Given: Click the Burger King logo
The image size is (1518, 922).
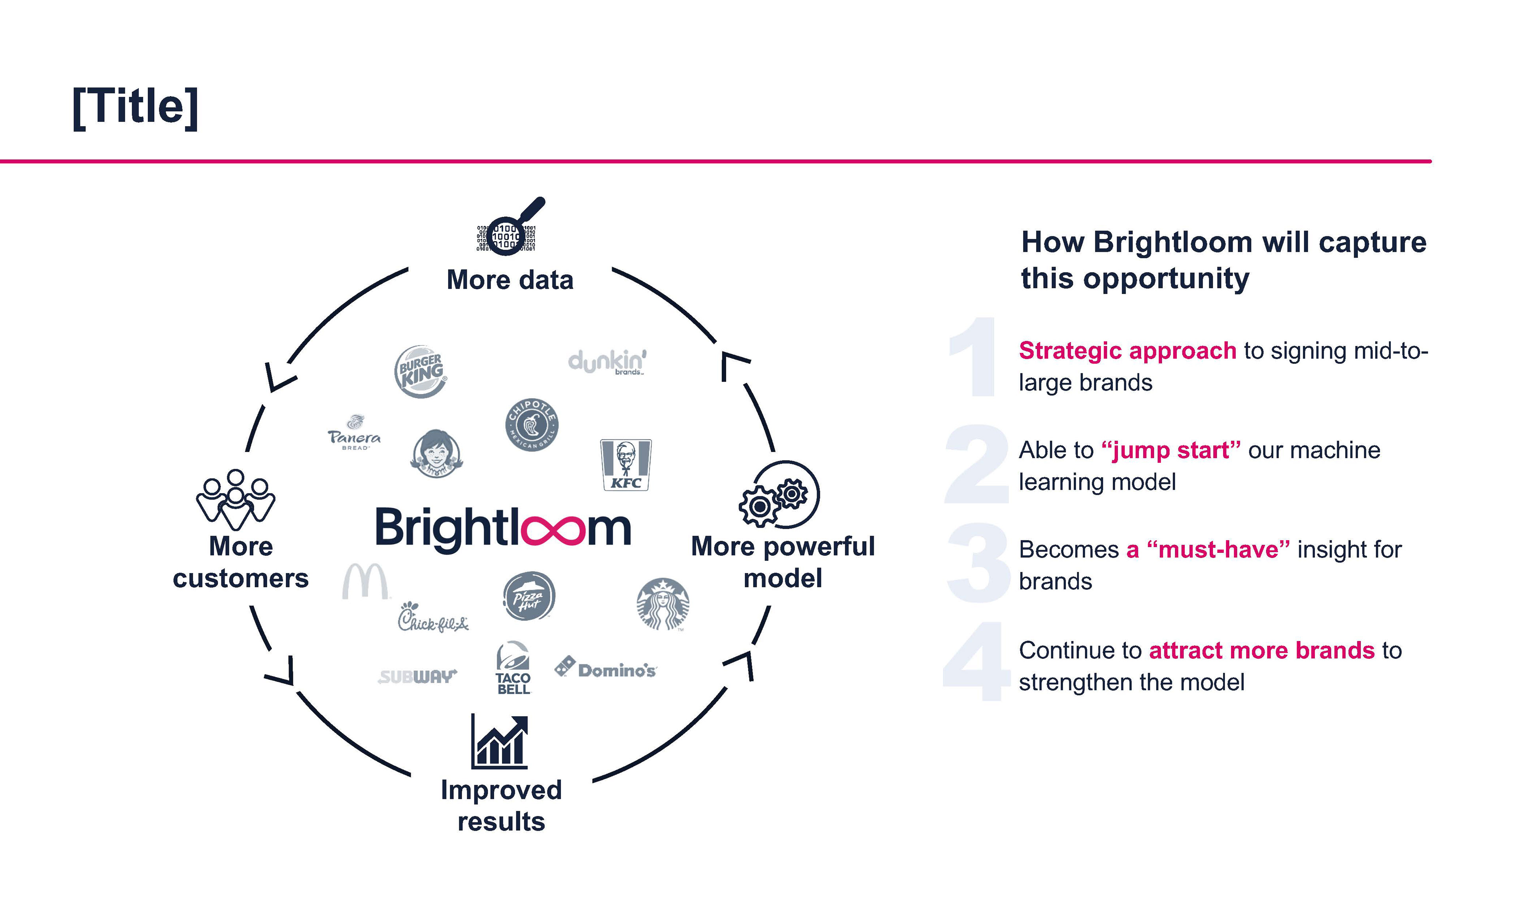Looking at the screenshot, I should click(x=421, y=372).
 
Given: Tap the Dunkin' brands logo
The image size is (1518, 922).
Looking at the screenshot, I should click(x=607, y=362).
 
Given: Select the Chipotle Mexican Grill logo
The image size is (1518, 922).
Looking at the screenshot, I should click(x=532, y=425).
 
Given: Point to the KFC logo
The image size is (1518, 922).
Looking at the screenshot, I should click(x=626, y=465).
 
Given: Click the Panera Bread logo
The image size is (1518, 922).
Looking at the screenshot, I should click(x=354, y=433).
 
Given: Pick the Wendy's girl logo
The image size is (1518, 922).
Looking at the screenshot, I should click(x=436, y=454).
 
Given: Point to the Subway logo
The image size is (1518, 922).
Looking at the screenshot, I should click(x=417, y=677).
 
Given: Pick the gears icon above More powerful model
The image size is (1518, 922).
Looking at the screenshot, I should click(x=779, y=495).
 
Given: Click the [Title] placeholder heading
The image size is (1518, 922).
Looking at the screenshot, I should click(x=136, y=107).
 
